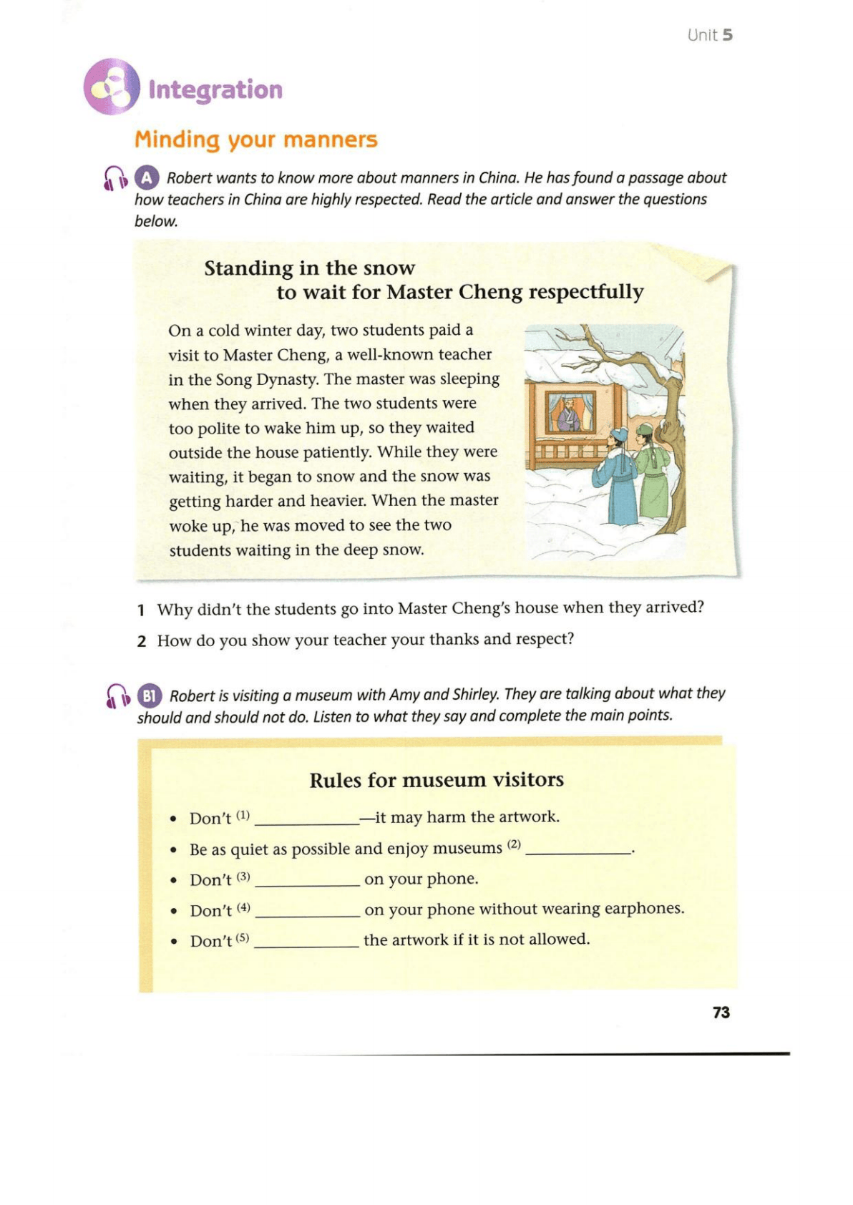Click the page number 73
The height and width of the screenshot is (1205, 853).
(x=721, y=1012)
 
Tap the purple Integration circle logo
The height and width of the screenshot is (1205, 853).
(x=112, y=87)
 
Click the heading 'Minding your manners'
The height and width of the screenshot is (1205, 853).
(x=255, y=139)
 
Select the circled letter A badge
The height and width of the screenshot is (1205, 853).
(x=147, y=177)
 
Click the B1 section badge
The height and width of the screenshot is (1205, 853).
(x=149, y=696)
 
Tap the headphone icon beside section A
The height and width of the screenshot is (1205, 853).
(x=116, y=178)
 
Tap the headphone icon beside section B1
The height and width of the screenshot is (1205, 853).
(x=117, y=696)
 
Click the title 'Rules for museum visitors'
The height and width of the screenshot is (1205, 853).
(x=437, y=779)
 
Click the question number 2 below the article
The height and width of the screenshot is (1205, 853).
(x=142, y=641)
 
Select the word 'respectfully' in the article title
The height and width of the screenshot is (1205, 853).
(x=586, y=292)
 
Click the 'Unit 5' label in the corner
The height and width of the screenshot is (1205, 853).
(x=709, y=35)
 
